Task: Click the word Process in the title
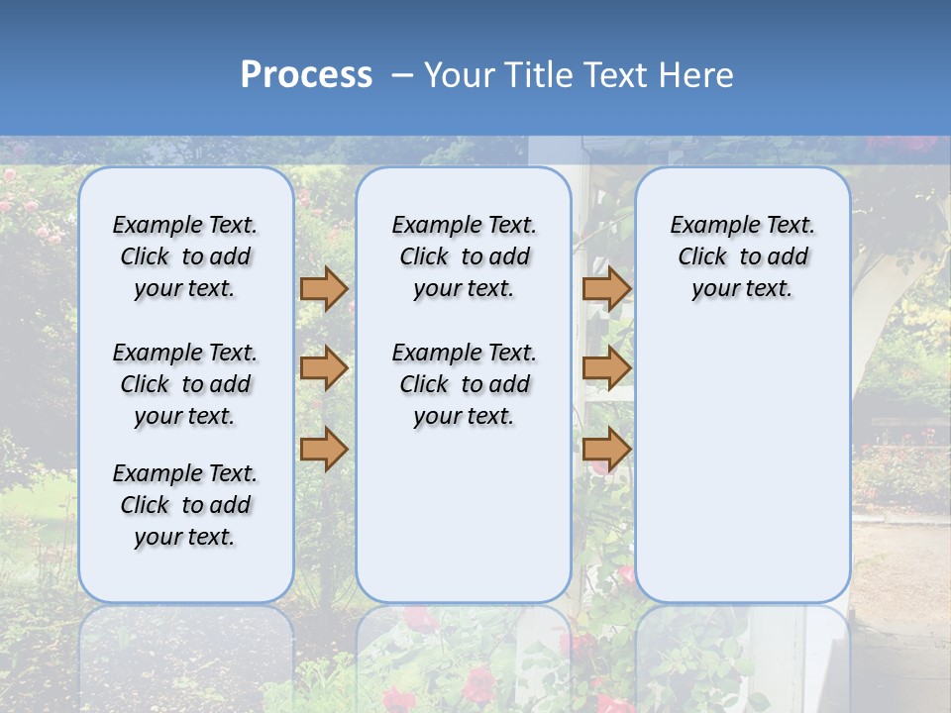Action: coord(306,75)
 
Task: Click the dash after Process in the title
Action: coord(401,75)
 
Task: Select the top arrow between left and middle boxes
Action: coord(324,289)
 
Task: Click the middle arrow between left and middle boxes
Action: coord(324,369)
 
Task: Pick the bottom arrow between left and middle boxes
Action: coord(324,450)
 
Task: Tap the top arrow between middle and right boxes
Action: coord(606,289)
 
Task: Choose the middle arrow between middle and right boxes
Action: coord(606,369)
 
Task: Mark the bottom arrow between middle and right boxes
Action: coord(606,450)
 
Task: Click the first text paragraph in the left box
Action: coord(185,256)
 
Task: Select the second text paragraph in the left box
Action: coord(185,384)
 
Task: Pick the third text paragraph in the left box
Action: coord(185,505)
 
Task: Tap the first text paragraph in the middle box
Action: coord(464,256)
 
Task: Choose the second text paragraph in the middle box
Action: coord(464,384)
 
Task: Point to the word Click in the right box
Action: coord(702,256)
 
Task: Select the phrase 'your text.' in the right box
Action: coord(742,289)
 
